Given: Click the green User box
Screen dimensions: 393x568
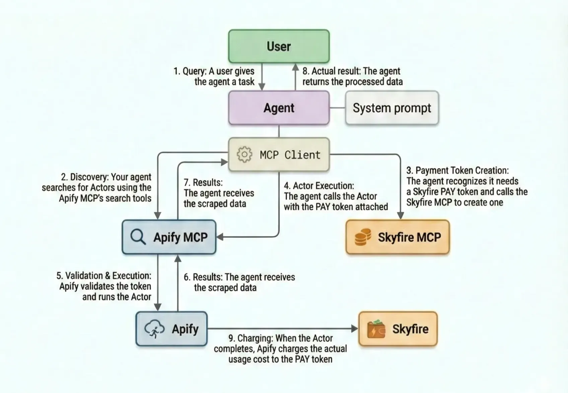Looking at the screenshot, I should click(x=279, y=46).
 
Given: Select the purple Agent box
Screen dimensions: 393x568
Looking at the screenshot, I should click(x=279, y=108).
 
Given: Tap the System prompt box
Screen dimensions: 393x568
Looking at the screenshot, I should click(x=392, y=108).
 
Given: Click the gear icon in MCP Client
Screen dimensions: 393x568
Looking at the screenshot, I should click(x=244, y=155).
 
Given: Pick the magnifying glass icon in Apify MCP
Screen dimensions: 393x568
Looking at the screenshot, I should click(x=138, y=237).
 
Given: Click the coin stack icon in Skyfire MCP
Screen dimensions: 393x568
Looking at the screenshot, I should click(x=363, y=237).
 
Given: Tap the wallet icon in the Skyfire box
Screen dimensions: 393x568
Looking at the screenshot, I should click(x=376, y=329).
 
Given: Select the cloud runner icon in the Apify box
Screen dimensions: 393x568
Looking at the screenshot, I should click(x=154, y=329).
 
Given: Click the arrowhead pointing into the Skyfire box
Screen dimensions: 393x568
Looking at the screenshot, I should click(x=354, y=329).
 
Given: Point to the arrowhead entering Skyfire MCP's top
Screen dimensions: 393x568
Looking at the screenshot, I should click(x=400, y=215).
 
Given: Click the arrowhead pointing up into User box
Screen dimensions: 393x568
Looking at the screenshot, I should click(x=295, y=67).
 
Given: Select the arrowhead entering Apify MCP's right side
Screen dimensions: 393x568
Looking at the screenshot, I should click(x=220, y=237).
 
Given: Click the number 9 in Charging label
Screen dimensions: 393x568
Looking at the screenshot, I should click(x=231, y=338).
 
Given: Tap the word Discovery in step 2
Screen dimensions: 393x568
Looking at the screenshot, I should click(x=89, y=177).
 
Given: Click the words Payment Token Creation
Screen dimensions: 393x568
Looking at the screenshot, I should click(x=462, y=170).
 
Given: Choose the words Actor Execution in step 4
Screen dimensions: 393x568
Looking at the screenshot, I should click(x=323, y=185).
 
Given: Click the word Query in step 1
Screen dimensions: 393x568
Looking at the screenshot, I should click(x=194, y=71).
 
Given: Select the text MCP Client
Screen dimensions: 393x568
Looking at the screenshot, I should click(x=290, y=155).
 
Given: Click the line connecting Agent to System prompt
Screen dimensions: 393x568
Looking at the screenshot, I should click(x=337, y=108).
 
